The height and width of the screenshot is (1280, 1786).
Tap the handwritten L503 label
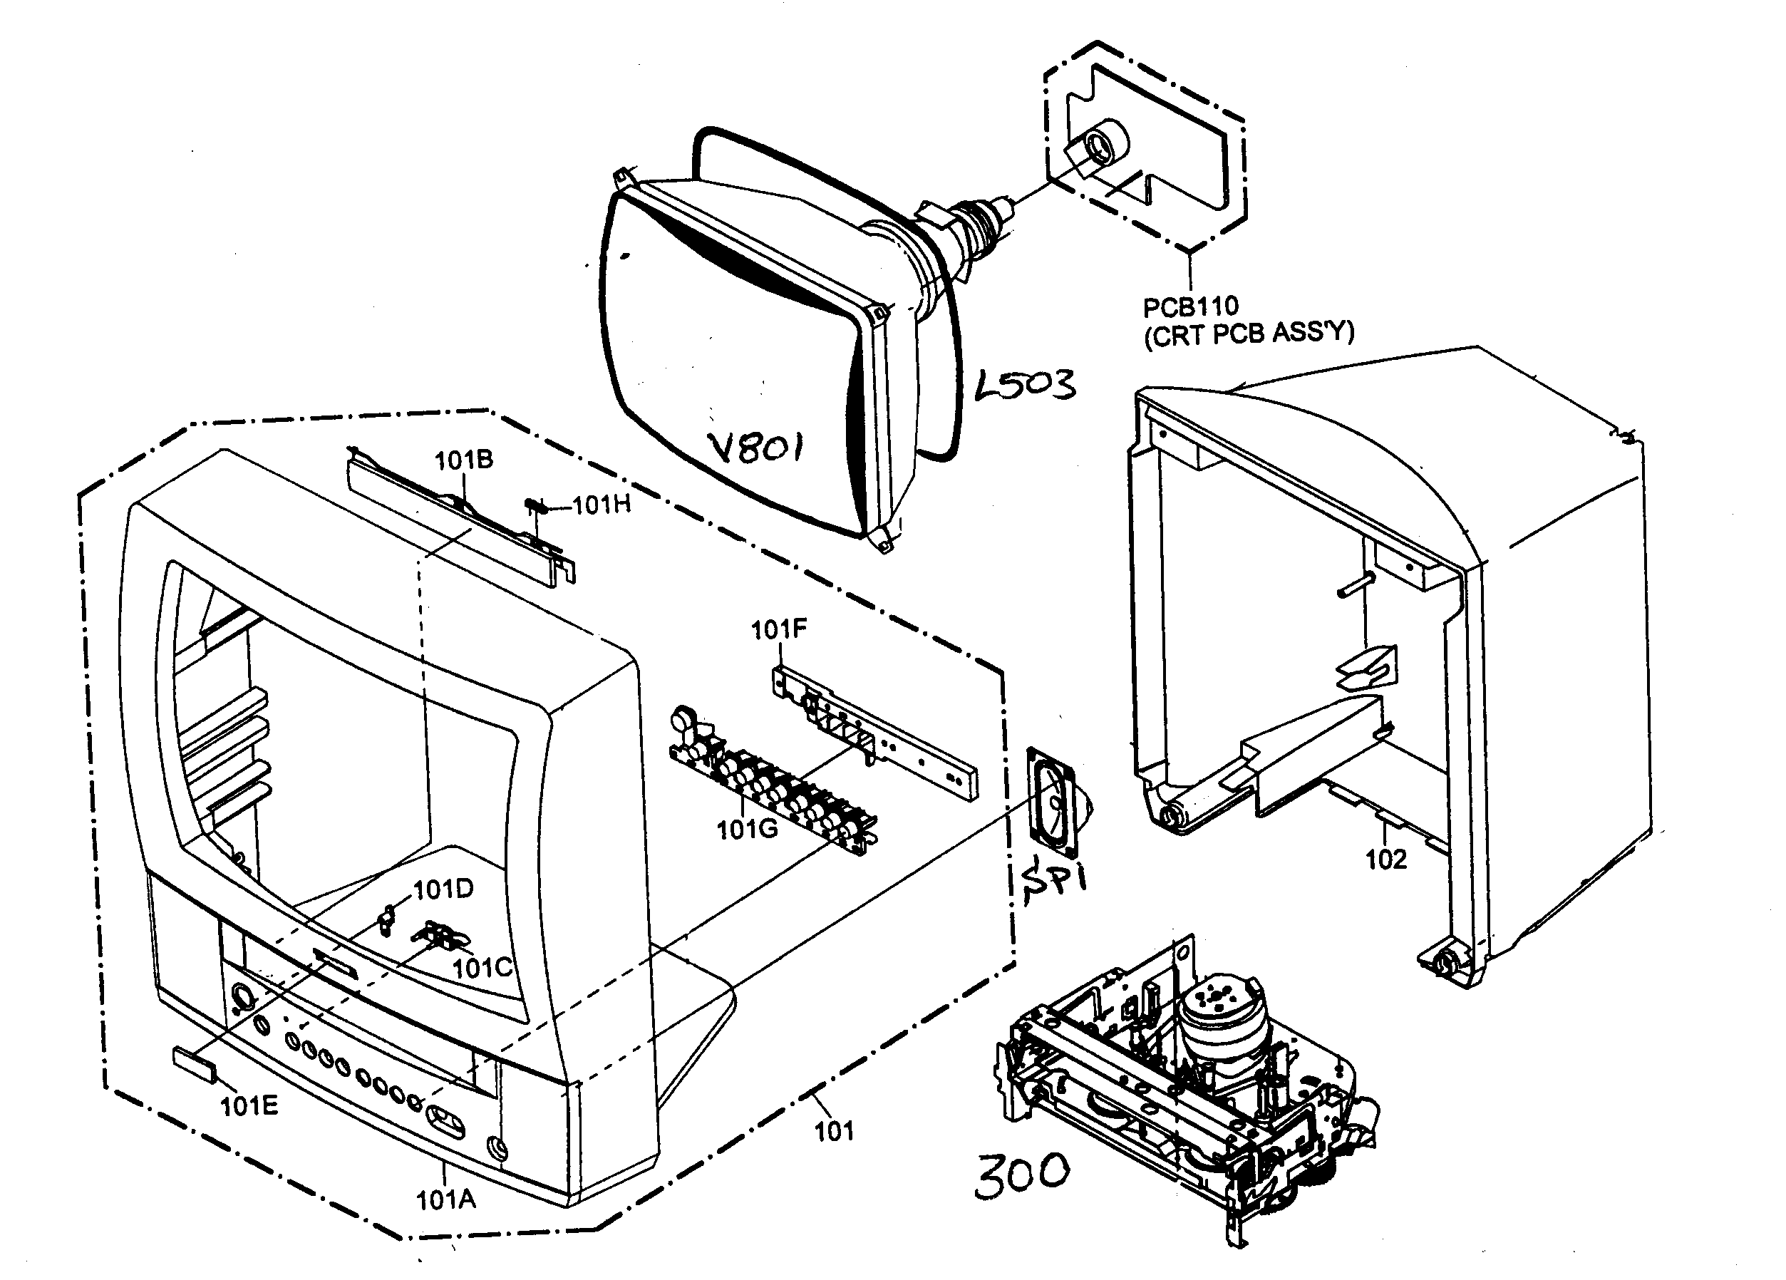point(1025,384)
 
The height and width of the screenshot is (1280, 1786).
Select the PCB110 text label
point(1190,306)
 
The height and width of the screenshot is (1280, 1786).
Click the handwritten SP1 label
point(1053,881)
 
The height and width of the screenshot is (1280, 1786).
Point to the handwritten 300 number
point(1021,1175)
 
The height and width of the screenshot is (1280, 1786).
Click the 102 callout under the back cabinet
point(1385,860)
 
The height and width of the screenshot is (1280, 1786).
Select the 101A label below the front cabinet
point(445,1199)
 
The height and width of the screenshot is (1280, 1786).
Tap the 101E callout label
point(249,1107)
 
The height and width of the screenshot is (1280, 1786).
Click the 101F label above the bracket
point(778,629)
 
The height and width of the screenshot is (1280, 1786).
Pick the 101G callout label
point(746,829)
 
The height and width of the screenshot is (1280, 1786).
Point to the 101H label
point(602,505)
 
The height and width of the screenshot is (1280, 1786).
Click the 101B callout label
point(464,460)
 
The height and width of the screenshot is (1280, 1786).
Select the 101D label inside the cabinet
point(443,890)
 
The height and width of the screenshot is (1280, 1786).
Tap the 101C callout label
point(482,967)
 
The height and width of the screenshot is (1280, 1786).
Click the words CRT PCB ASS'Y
point(1249,334)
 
